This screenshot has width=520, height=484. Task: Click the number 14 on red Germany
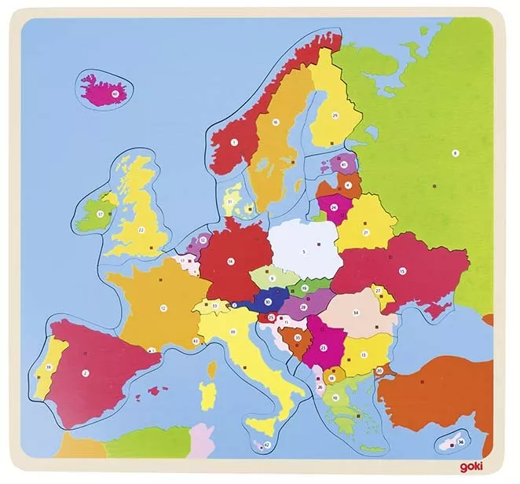coord(230,261)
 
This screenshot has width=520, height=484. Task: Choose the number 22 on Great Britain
coord(141,229)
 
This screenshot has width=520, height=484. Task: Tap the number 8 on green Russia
coord(454,152)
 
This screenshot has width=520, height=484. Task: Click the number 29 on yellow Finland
coord(335,115)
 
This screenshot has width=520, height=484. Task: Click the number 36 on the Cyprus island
coord(461,442)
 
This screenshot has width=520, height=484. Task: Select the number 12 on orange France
coord(163,306)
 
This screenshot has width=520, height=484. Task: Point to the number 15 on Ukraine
coord(401,270)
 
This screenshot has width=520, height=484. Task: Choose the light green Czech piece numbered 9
coord(271,277)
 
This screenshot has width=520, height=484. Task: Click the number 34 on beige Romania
coord(356,312)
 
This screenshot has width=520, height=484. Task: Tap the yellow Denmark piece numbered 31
coord(229,201)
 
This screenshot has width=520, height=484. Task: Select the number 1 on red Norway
coord(234,142)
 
